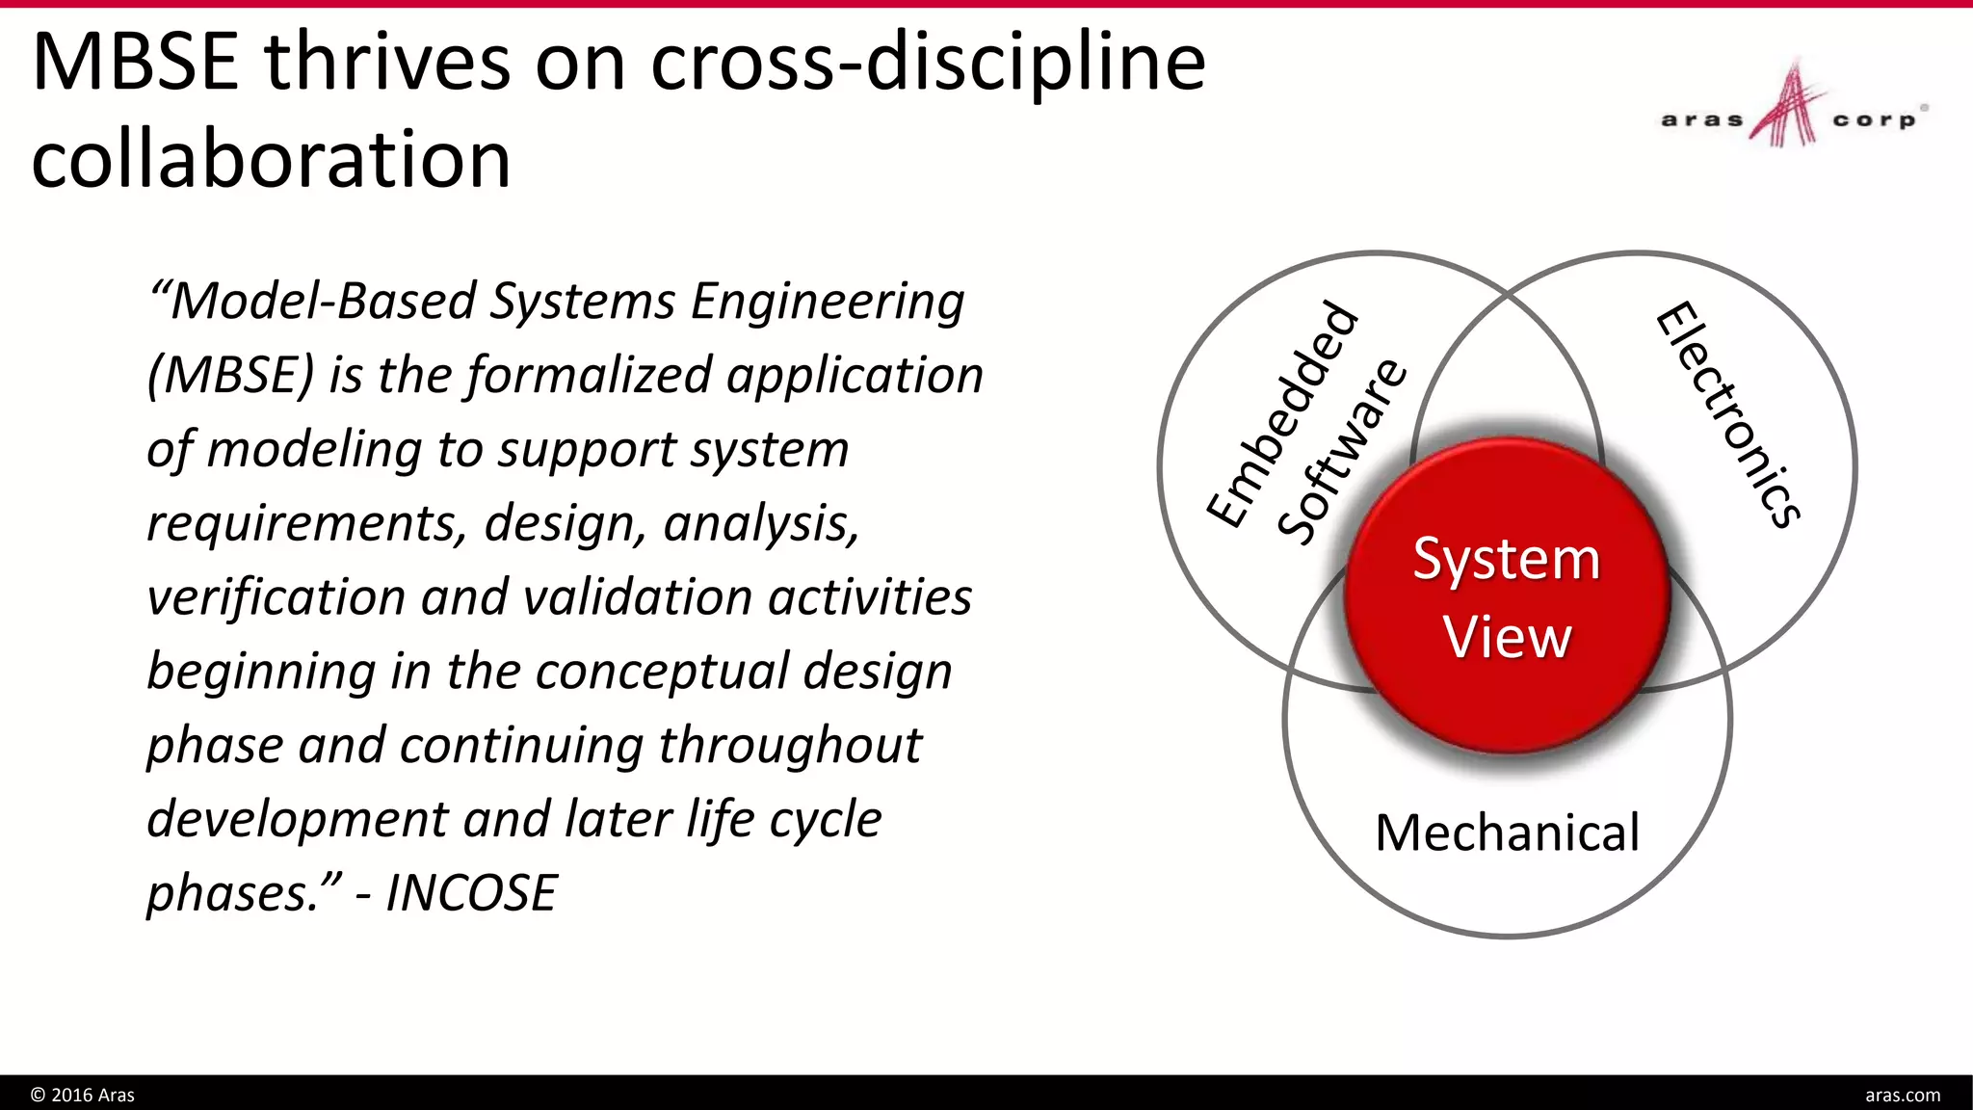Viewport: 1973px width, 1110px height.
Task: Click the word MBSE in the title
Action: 135,63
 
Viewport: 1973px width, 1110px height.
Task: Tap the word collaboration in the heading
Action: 271,159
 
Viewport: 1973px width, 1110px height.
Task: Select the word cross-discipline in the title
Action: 928,63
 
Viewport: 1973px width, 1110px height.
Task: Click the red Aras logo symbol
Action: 1788,106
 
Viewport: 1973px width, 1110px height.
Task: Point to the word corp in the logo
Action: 1874,120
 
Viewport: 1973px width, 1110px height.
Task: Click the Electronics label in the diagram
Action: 1727,414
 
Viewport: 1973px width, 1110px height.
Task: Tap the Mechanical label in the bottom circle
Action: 1507,832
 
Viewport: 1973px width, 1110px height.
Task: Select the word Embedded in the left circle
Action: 1283,414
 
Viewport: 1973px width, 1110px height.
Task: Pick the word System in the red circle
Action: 1507,559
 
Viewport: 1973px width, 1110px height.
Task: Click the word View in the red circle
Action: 1507,637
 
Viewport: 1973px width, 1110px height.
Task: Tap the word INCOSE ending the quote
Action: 471,893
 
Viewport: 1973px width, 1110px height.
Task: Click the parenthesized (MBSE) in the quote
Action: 230,375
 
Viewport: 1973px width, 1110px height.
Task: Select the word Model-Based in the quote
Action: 323,301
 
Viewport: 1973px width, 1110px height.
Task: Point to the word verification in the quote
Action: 276,597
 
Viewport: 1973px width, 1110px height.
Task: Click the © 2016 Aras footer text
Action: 83,1095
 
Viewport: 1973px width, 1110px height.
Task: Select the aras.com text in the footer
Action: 1902,1095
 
